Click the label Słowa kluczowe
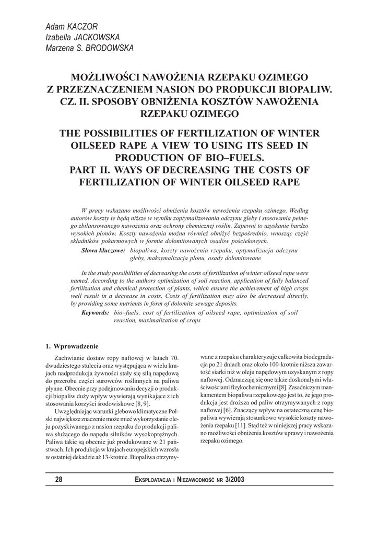point(103,251)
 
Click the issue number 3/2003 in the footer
point(233,480)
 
